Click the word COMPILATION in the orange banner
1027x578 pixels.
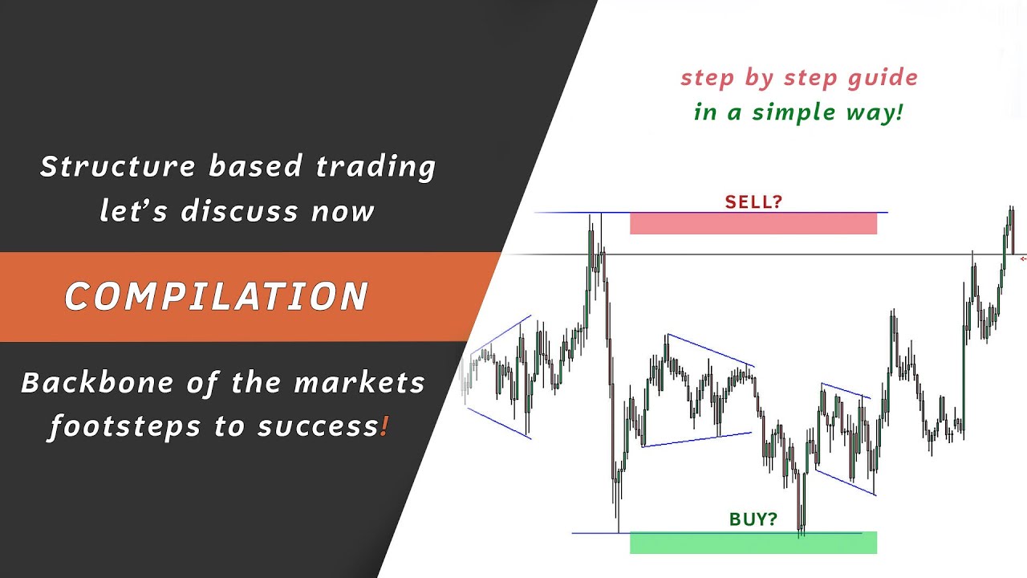tap(216, 296)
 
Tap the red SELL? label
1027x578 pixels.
tap(753, 201)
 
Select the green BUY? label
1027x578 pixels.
tap(753, 519)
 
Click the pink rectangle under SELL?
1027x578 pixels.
tap(753, 223)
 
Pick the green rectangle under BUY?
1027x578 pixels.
tap(753, 543)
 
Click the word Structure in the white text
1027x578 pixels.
tap(117, 166)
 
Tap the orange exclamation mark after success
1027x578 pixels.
tap(385, 426)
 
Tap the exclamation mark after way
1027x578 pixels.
tap(899, 112)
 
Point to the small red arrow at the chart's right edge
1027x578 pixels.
tap(1023, 258)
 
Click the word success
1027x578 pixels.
tap(318, 426)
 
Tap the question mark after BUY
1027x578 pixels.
tap(773, 519)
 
